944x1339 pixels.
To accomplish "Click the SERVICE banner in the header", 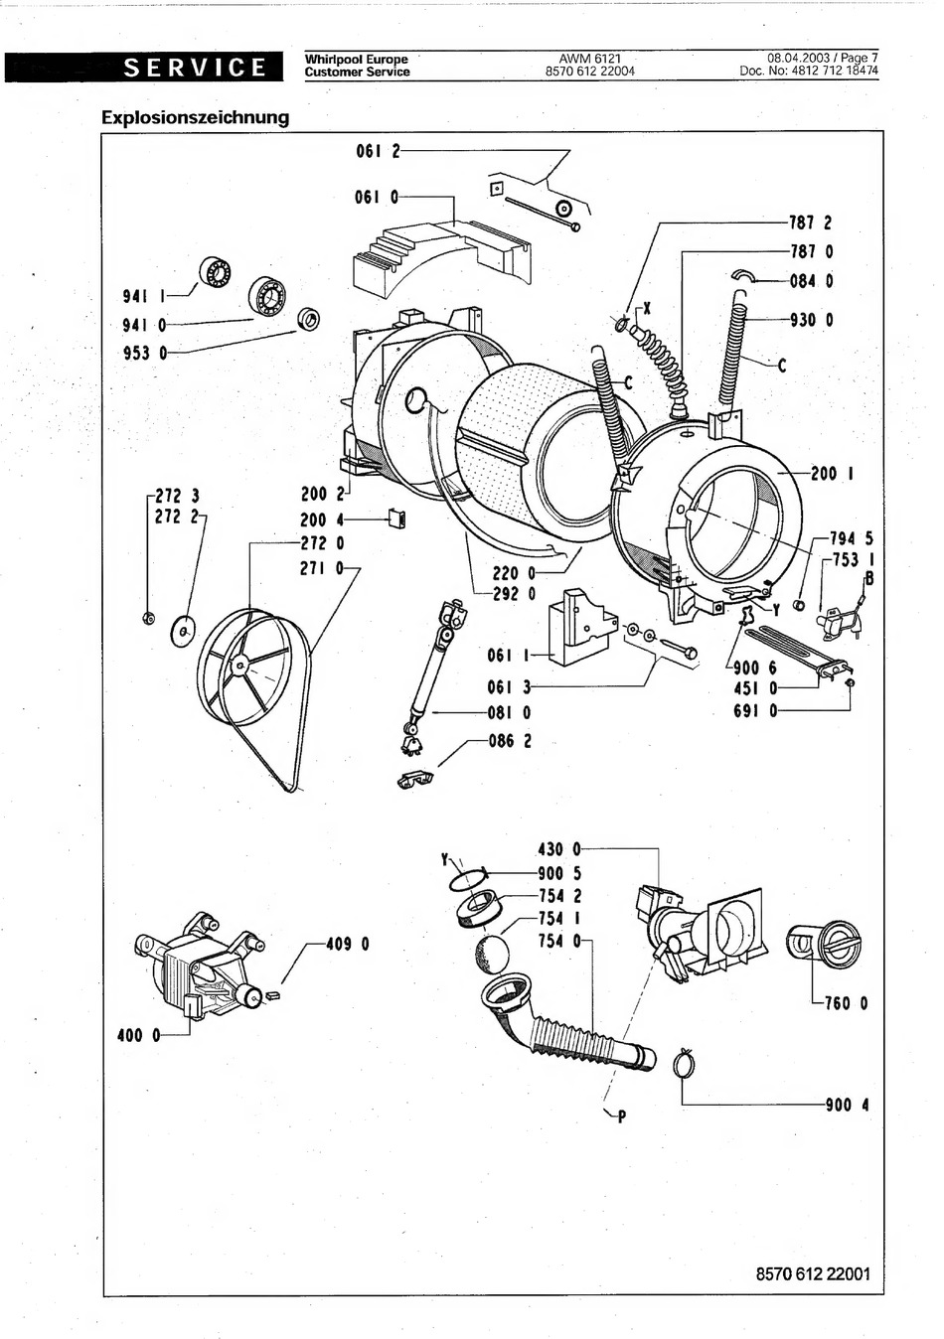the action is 143,67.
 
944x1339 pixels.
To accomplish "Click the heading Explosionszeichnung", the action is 195,117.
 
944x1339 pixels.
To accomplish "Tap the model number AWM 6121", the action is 590,59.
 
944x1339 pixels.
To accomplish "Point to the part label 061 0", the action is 377,197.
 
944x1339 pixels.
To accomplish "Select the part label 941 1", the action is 144,295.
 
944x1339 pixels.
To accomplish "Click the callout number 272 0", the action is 322,543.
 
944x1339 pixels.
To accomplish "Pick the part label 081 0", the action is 509,712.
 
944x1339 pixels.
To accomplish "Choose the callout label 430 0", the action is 558,849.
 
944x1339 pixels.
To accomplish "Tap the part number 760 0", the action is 846,1003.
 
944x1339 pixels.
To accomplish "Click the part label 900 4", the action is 847,1106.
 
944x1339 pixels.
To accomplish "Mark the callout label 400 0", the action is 139,1035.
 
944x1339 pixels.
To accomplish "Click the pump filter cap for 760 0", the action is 823,944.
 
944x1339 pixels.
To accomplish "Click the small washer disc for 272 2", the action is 184,631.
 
